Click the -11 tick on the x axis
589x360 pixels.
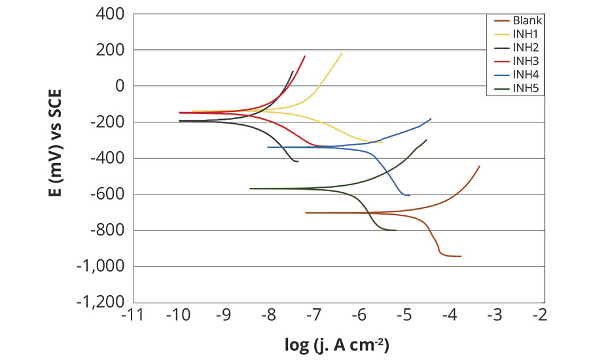point(132,316)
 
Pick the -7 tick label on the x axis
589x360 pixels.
point(315,316)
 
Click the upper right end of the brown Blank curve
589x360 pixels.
point(480,166)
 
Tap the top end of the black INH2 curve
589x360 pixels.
point(293,71)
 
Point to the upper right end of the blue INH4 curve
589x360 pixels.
point(431,118)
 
